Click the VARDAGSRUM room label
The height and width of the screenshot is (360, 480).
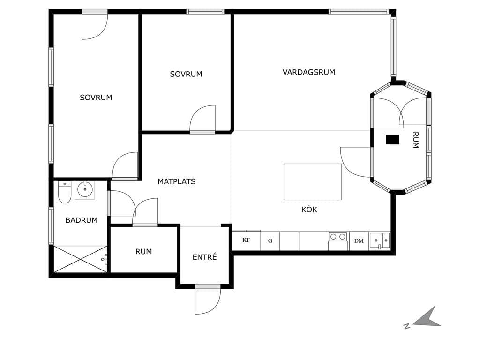308,72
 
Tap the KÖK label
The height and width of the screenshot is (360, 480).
309,210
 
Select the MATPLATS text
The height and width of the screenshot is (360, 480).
177,181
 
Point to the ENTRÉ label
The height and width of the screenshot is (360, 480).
204,257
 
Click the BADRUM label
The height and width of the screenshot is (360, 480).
82,220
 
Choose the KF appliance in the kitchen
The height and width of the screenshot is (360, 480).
247,240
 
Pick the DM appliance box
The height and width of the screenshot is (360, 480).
359,241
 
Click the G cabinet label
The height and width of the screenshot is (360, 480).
270,241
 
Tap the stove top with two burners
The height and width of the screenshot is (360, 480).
338,237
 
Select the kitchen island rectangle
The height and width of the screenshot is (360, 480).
312,182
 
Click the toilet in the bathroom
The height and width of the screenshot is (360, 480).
64,192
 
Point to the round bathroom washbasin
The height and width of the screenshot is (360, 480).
85,189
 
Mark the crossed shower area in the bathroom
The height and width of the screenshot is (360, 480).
80,259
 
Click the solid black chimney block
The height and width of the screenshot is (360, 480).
392,140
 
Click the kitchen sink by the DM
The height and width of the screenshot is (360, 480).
380,240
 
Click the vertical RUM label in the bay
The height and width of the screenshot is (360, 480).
415,140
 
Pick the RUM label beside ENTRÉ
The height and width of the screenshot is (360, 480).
143,251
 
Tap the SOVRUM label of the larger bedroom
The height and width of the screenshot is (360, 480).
96,97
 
